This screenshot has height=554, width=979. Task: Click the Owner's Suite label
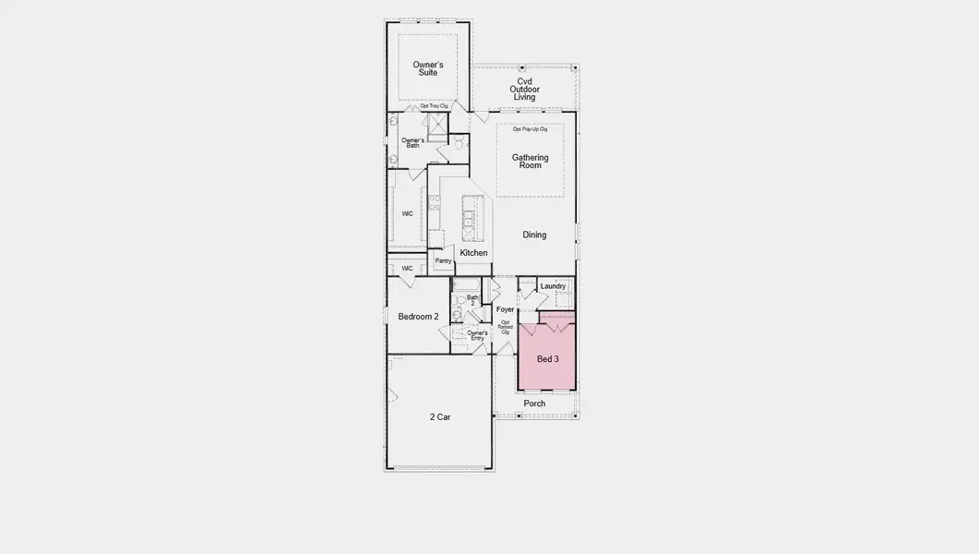click(428, 68)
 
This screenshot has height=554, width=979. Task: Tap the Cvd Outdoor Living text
click(524, 89)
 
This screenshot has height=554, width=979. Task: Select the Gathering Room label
click(530, 161)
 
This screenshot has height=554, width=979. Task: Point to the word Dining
click(534, 235)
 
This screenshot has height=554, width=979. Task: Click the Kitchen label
click(473, 253)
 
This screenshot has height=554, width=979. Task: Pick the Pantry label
click(443, 261)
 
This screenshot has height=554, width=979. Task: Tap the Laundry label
click(553, 286)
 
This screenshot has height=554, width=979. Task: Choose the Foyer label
click(505, 309)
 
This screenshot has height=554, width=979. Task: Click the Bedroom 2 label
click(418, 317)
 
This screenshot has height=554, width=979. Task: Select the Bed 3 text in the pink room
click(548, 359)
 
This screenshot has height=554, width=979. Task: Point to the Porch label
click(534, 403)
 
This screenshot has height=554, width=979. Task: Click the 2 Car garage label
click(440, 417)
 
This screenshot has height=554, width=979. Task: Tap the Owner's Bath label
click(412, 143)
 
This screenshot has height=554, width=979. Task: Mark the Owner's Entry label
click(477, 335)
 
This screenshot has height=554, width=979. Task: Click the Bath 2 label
click(472, 300)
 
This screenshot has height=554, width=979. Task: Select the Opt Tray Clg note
click(434, 106)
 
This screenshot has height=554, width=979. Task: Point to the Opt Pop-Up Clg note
click(530, 129)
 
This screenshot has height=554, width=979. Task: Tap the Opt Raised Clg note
click(506, 327)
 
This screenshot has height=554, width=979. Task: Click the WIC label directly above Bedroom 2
click(407, 269)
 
